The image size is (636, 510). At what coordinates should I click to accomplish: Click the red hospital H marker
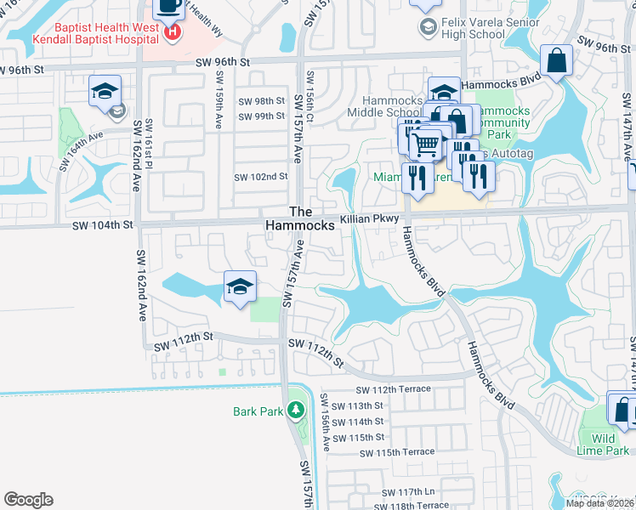[x=173, y=32]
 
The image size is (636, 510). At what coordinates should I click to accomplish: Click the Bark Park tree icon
[x=296, y=411]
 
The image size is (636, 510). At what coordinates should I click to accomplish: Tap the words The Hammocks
[x=300, y=218]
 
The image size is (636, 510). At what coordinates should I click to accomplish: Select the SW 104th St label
[x=103, y=225]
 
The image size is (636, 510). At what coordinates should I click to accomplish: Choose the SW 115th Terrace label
[x=397, y=453]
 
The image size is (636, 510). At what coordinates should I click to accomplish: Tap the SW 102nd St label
[x=261, y=177]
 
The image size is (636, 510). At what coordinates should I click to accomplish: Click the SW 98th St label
[x=261, y=101]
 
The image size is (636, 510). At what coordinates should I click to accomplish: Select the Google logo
[x=28, y=500]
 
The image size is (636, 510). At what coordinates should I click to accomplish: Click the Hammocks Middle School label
[x=384, y=106]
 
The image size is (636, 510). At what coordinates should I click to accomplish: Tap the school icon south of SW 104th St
[x=240, y=287]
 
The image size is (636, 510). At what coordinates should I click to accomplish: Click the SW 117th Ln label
[x=408, y=492]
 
